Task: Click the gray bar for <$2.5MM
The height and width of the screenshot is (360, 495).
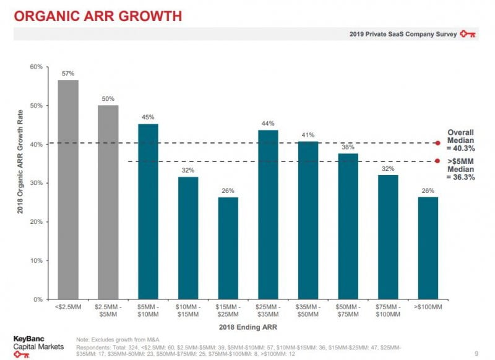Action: tap(68, 189)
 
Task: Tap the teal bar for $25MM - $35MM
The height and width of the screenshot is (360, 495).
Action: tap(268, 214)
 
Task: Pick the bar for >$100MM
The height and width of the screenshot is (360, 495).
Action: tap(428, 247)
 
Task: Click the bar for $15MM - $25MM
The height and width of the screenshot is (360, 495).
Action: tap(228, 247)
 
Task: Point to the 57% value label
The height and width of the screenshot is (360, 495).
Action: tap(68, 73)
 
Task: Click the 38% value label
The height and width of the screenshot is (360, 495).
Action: tap(348, 147)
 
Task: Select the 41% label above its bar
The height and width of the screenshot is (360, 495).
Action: tap(308, 135)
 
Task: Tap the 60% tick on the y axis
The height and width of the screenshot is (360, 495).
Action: tap(37, 67)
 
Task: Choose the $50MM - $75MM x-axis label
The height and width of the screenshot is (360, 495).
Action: tap(348, 311)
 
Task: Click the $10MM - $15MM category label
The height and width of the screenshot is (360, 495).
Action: tap(188, 311)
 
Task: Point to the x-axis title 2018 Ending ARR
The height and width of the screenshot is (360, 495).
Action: tap(247, 326)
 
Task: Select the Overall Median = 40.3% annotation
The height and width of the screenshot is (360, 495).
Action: tap(461, 140)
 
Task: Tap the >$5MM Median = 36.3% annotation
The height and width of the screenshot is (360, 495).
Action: tap(461, 169)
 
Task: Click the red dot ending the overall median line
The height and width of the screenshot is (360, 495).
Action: tap(438, 143)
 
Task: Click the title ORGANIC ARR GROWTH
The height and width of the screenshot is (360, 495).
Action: tap(97, 17)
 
